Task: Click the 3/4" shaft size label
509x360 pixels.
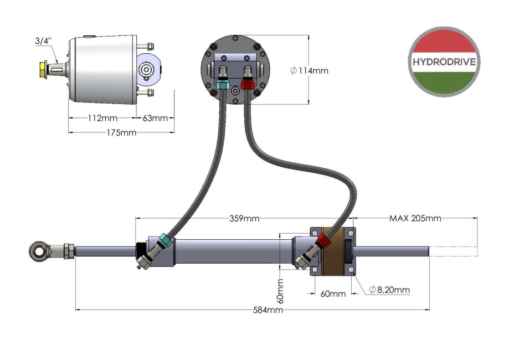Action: (43, 41)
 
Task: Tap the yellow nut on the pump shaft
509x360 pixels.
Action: (43, 70)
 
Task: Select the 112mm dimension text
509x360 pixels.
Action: (102, 118)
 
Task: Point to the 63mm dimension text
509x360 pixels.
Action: (155, 118)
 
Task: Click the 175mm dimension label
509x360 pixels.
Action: (121, 132)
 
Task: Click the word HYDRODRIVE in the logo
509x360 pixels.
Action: (444, 61)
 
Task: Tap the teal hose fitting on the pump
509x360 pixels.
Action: (223, 85)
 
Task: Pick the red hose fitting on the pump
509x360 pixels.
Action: (247, 85)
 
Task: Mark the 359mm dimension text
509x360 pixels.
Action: (244, 218)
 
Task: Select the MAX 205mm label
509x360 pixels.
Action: (415, 218)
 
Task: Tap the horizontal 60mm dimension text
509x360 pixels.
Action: (333, 294)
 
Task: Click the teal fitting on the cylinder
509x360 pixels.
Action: (165, 241)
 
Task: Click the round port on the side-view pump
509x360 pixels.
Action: (147, 70)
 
